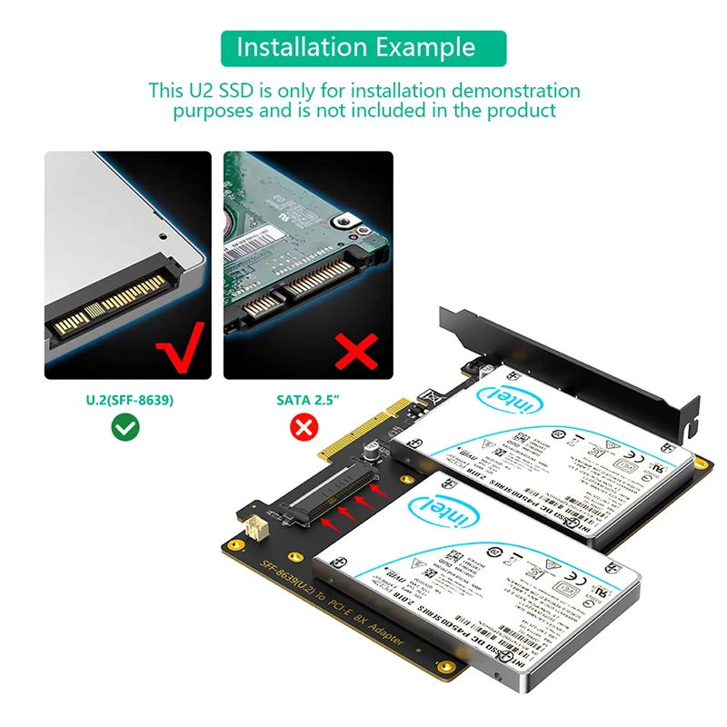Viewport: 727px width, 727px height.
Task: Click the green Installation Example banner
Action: (x=363, y=47)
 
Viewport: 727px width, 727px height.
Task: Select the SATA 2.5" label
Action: (x=308, y=399)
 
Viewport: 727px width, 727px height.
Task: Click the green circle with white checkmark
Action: (x=125, y=426)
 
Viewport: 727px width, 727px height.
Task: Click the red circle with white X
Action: (x=303, y=426)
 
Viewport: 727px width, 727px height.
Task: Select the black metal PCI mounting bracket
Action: (x=582, y=363)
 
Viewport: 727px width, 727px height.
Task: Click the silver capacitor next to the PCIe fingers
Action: (x=373, y=448)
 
